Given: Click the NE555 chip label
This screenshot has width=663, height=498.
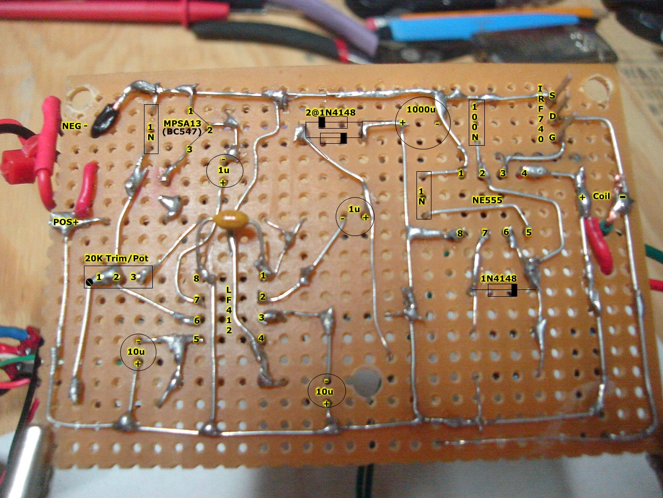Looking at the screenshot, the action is pyautogui.click(x=487, y=200).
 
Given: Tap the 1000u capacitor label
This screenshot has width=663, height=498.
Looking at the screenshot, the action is pyautogui.click(x=421, y=109).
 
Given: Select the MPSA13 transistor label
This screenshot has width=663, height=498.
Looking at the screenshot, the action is pyautogui.click(x=182, y=123).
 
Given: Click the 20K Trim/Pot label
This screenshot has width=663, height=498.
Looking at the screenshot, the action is pyautogui.click(x=117, y=258).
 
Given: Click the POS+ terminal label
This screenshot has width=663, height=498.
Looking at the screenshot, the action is pyautogui.click(x=66, y=222).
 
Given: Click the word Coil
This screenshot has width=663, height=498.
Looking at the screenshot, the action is pyautogui.click(x=601, y=196).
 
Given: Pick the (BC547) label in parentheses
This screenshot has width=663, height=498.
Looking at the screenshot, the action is pyautogui.click(x=182, y=132).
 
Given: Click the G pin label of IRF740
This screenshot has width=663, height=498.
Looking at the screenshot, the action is pyautogui.click(x=552, y=137).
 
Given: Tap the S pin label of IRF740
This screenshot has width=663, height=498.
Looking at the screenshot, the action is pyautogui.click(x=552, y=95).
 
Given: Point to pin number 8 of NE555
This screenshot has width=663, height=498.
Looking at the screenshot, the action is pyautogui.click(x=460, y=233).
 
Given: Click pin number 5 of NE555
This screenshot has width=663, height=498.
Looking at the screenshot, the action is pyautogui.click(x=528, y=232).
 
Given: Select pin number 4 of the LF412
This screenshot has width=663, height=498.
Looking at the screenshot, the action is pyautogui.click(x=261, y=338).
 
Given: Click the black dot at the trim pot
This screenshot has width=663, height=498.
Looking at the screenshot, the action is pyautogui.click(x=89, y=282).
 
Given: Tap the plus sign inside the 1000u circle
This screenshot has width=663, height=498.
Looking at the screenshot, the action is pyautogui.click(x=402, y=123).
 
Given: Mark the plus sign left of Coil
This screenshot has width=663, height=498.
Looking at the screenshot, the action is pyautogui.click(x=582, y=198).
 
